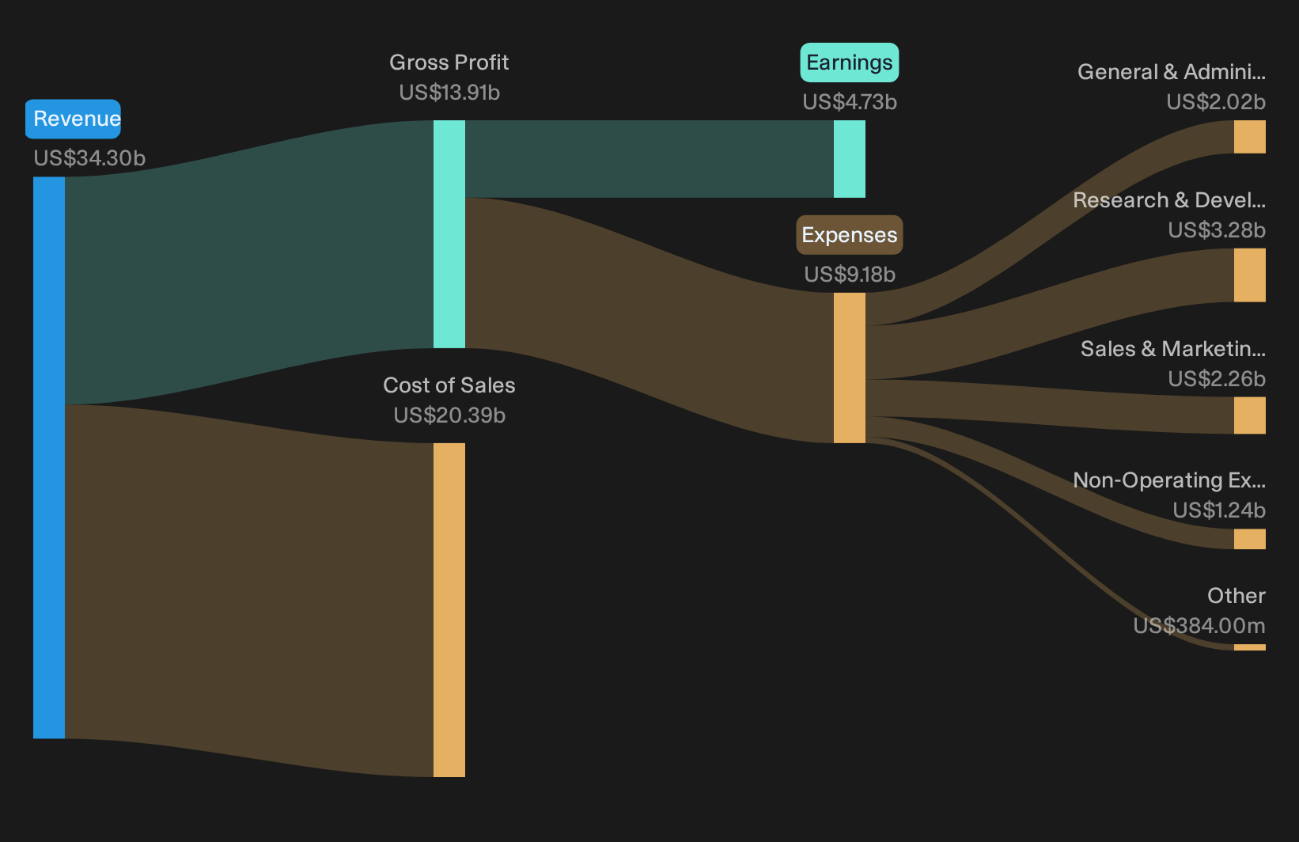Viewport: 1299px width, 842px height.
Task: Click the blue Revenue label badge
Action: pyautogui.click(x=73, y=119)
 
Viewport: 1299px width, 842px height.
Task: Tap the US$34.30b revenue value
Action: pyautogui.click(x=89, y=157)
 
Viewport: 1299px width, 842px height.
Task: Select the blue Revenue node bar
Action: pyautogui.click(x=49, y=458)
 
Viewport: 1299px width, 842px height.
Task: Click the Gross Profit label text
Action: pyautogui.click(x=449, y=62)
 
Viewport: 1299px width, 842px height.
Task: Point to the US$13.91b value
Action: pyautogui.click(x=449, y=93)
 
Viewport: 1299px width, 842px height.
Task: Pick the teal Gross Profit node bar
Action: pyautogui.click(x=449, y=234)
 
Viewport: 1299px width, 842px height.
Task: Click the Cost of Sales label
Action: pyautogui.click(x=449, y=385)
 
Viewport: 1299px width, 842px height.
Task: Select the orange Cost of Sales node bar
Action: pyautogui.click(x=449, y=610)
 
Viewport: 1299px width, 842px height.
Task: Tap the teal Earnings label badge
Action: pyautogui.click(x=850, y=63)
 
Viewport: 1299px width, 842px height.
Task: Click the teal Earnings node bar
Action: pyautogui.click(x=850, y=159)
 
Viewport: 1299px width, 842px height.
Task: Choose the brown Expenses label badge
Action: pyautogui.click(x=850, y=235)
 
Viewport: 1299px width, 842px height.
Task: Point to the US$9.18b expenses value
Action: pyautogui.click(x=850, y=274)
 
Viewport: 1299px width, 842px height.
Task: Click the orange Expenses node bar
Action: pyautogui.click(x=850, y=368)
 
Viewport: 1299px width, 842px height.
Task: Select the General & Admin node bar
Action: pyautogui.click(x=1250, y=137)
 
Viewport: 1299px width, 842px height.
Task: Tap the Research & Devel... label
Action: pyautogui.click(x=1169, y=200)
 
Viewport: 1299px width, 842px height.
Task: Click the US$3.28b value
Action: pyautogui.click(x=1217, y=230)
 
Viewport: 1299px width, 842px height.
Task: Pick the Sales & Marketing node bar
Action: pyautogui.click(x=1250, y=415)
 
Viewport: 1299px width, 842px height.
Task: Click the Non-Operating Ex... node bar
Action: pyautogui.click(x=1250, y=539)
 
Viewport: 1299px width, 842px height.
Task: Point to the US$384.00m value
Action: pyautogui.click(x=1199, y=625)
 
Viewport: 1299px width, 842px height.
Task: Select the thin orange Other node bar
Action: pyautogui.click(x=1250, y=647)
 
